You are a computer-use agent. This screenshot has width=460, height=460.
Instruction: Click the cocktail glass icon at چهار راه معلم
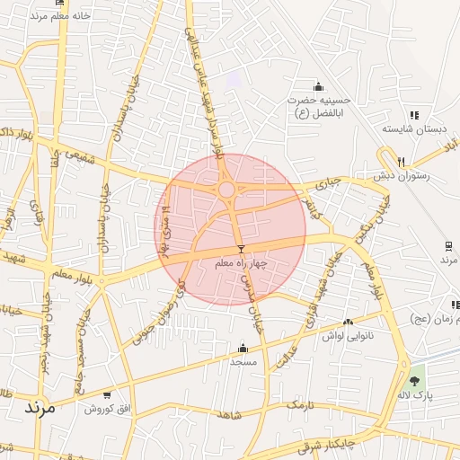[240, 249]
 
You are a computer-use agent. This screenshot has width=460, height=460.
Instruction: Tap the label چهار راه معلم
[240, 264]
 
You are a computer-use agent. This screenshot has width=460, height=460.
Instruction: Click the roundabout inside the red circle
[226, 190]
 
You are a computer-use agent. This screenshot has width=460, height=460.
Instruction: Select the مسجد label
[243, 361]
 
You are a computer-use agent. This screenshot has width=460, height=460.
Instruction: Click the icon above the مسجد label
[243, 348]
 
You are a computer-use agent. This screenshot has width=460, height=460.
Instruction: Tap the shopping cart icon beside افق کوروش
[108, 394]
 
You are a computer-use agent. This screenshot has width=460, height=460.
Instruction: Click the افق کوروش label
[103, 409]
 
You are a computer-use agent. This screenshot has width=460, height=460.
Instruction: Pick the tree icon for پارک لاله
[414, 381]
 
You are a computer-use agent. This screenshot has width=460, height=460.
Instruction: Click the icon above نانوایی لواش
[348, 321]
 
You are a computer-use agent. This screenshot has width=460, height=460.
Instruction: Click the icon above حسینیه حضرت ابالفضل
[318, 86]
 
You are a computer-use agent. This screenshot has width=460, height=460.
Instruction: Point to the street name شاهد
[230, 415]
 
